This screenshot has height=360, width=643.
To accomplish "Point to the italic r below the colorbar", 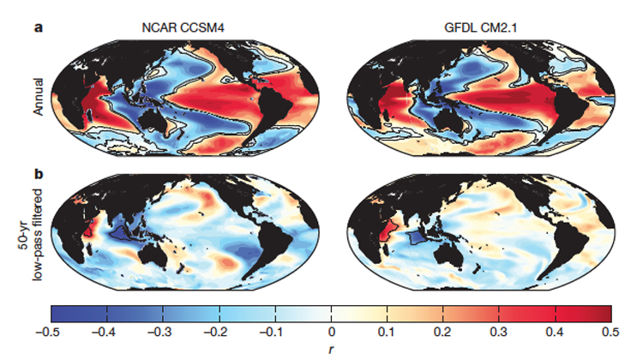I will [331, 348].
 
